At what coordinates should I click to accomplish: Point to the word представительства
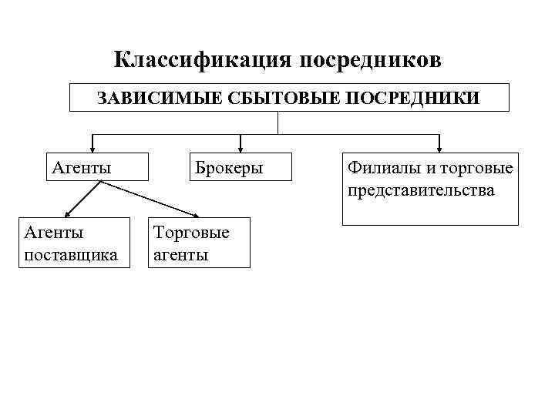click(x=422, y=190)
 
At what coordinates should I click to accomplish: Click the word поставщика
click(x=72, y=254)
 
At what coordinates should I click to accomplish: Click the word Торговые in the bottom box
click(x=191, y=232)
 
